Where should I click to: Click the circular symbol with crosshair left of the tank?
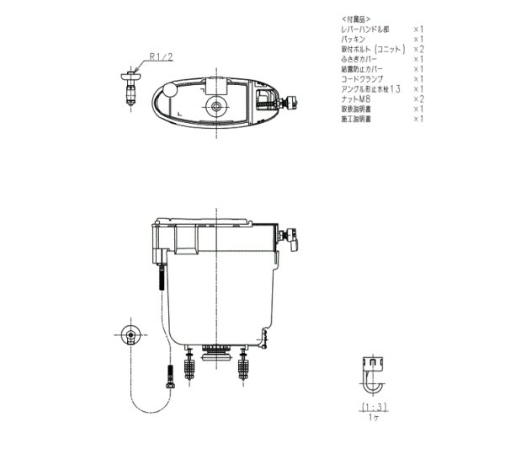point(130,334)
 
